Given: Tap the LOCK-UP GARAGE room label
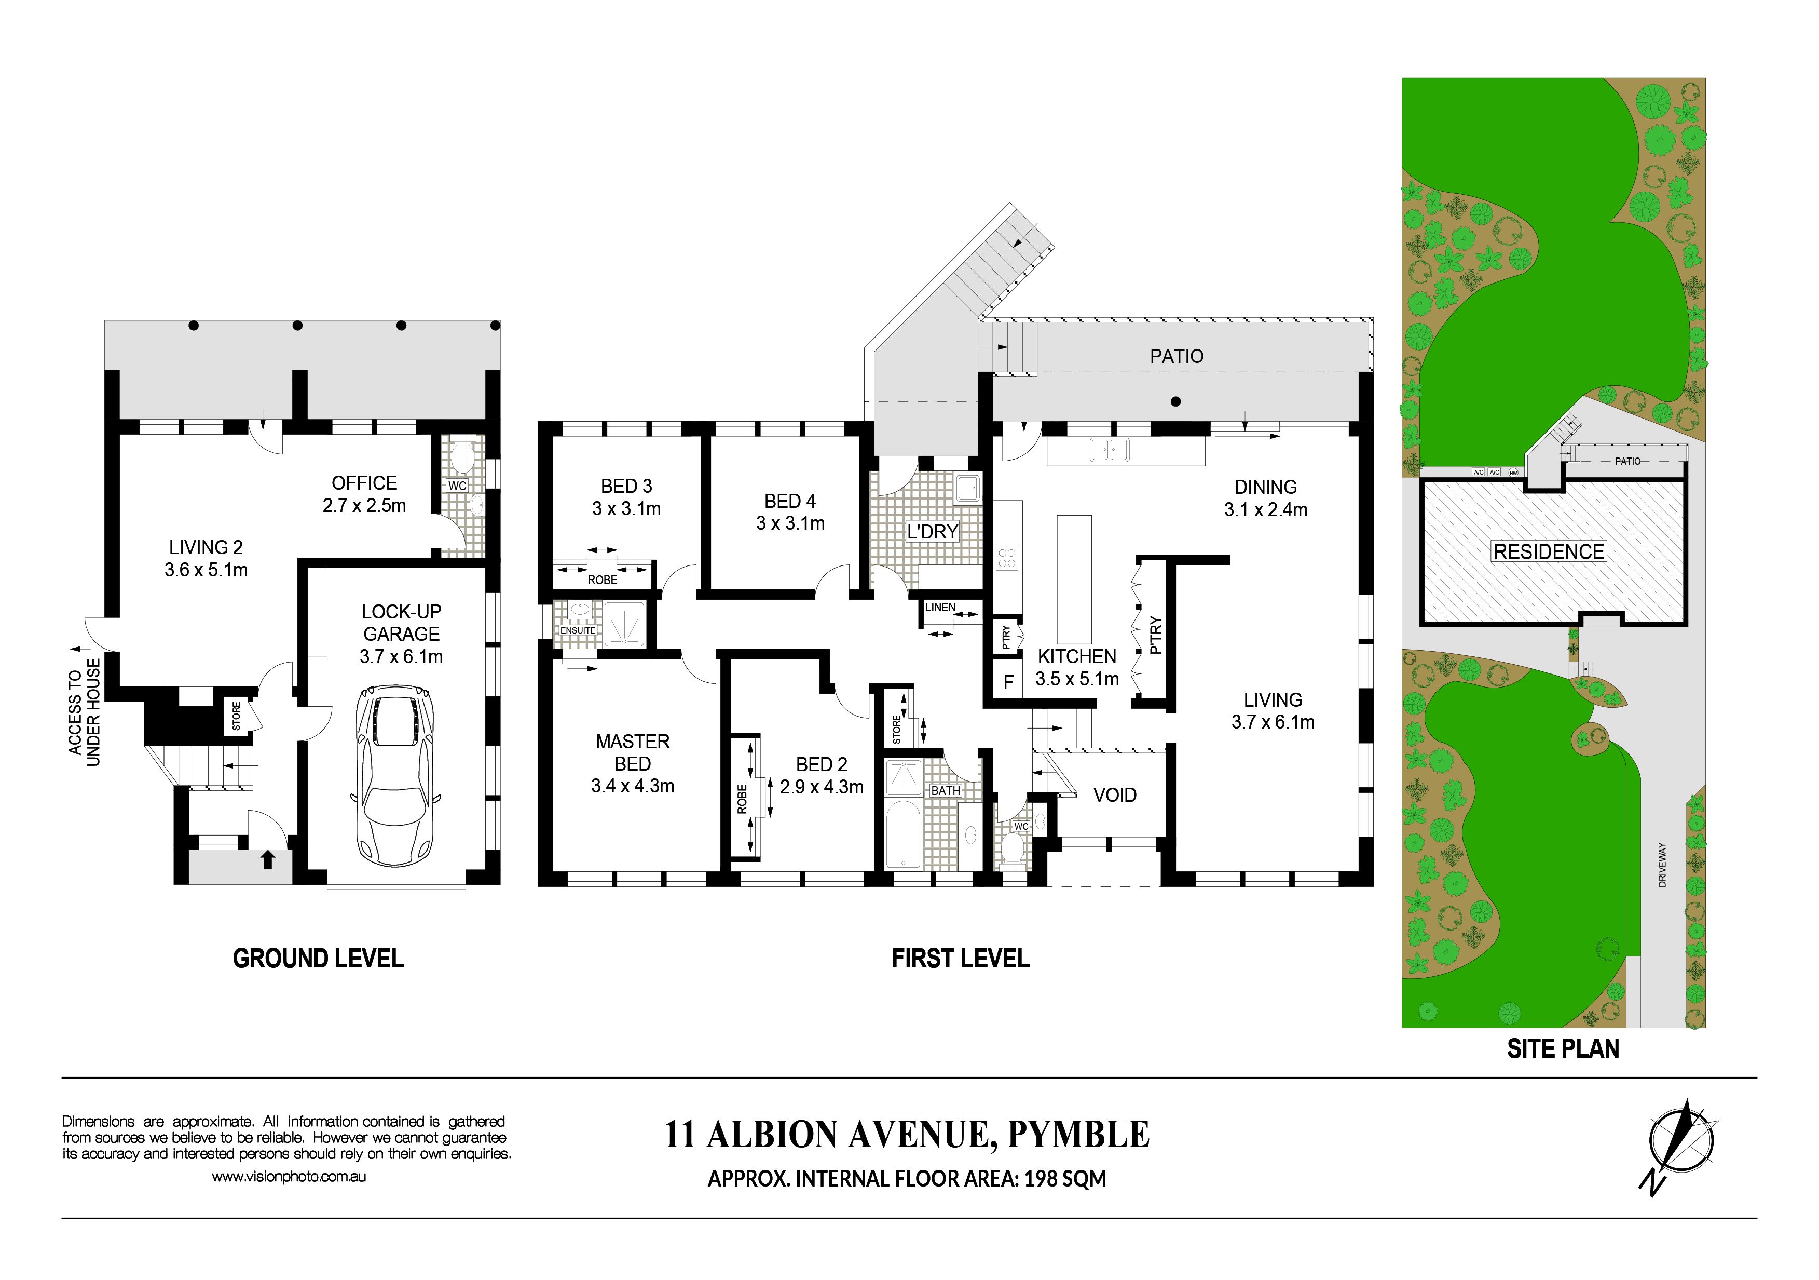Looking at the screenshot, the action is pos(402,623).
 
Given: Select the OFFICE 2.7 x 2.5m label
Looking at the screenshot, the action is pos(364,494).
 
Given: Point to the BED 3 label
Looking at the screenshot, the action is pos(626,486).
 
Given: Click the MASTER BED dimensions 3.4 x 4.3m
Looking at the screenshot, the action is pos(632,786).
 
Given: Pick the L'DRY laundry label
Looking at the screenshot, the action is pos(933,531).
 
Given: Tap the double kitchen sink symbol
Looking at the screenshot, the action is pos(1109,449).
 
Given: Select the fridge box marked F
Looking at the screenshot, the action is pos(1008,682).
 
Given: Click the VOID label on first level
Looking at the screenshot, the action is pos(1115,795).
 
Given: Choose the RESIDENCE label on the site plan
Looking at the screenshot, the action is pos(1549,551).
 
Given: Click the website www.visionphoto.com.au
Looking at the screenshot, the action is pos(289,1177).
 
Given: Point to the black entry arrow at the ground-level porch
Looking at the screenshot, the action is pos(268,859).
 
